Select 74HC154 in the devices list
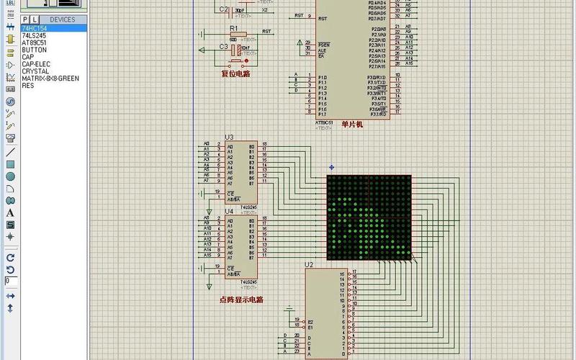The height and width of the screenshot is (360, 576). pos(35,28)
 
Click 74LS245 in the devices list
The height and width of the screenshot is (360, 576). pos(33,35)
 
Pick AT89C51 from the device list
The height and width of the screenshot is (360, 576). pos(33,42)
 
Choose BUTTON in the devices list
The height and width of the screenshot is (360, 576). pos(34,49)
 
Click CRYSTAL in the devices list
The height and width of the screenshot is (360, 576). pos(35,71)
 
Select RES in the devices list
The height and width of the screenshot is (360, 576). pos(27,85)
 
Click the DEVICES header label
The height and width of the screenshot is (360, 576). pos(62,19)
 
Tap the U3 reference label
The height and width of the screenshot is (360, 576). pos(229,137)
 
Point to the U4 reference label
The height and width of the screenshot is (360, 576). pos(229,211)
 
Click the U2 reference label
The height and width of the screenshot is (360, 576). pos(309,265)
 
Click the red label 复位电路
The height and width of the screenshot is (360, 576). pos(235,73)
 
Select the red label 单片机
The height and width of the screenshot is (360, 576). pos(352,125)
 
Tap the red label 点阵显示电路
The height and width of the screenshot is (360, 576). pos(241,299)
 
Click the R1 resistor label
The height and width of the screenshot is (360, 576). pos(233,27)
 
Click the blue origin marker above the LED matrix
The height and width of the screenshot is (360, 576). pos(331,167)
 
